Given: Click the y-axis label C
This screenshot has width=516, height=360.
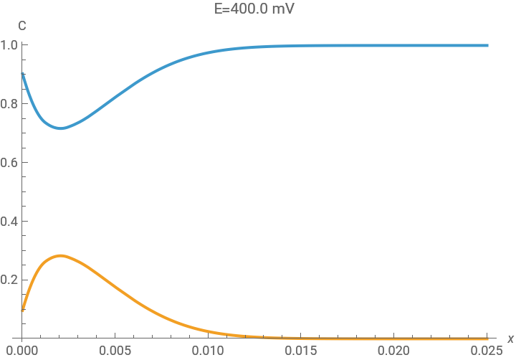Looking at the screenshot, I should [x=22, y=26].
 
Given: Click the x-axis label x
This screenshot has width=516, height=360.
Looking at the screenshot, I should [x=510, y=338].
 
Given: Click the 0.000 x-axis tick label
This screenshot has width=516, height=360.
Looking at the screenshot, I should [x=22, y=351].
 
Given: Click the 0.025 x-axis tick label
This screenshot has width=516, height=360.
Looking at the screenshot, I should [x=488, y=351].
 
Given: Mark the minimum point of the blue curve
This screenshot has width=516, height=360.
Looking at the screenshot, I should [x=61, y=128].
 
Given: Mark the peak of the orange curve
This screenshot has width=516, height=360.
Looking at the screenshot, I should [x=61, y=255].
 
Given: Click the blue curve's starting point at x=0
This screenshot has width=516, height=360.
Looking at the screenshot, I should [x=22, y=73].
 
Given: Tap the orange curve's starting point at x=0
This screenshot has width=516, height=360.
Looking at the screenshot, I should [x=22, y=311].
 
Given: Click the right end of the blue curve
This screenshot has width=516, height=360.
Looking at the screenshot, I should [x=488, y=45].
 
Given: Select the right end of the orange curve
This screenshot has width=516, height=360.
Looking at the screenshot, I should [x=488, y=338].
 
